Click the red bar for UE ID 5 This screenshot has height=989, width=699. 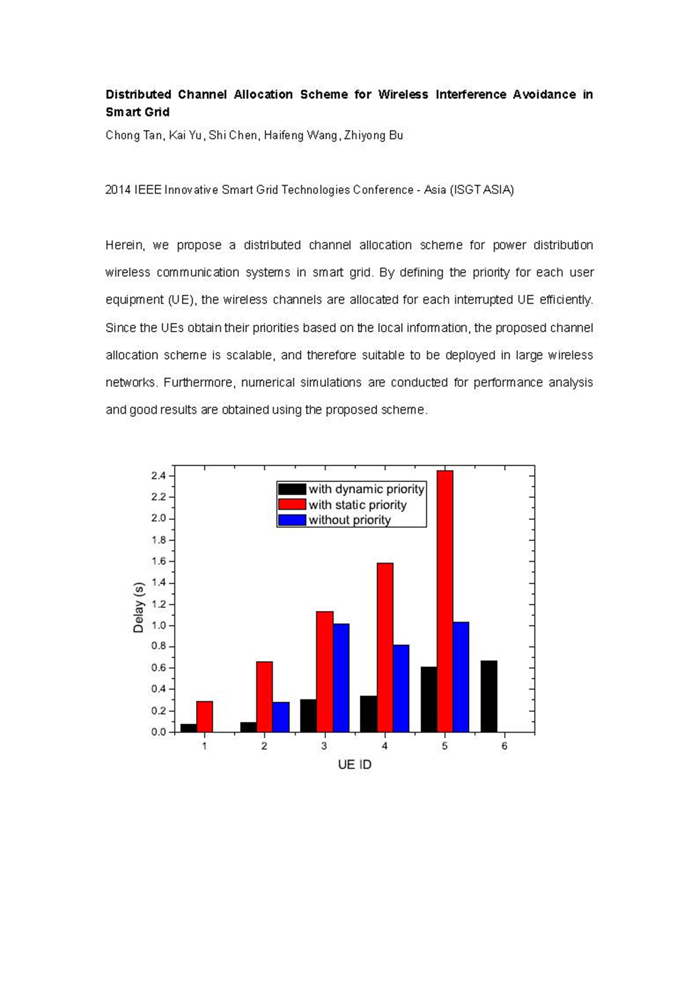445,600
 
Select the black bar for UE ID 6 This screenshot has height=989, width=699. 489,696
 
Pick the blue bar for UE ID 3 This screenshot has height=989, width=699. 341,678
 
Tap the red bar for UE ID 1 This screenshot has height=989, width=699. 205,717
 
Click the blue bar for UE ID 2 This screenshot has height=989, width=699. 281,717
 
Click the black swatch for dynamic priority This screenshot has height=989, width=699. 292,489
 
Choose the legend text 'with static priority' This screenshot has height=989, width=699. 357,505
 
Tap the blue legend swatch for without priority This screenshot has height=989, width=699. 292,520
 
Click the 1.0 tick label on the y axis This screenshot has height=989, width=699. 159,626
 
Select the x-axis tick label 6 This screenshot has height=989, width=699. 504,746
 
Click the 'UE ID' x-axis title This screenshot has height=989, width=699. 355,765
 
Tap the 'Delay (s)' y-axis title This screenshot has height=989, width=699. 138,607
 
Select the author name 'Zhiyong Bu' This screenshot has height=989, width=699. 373,136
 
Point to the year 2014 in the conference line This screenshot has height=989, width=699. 118,190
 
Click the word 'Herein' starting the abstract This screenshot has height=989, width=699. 125,245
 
